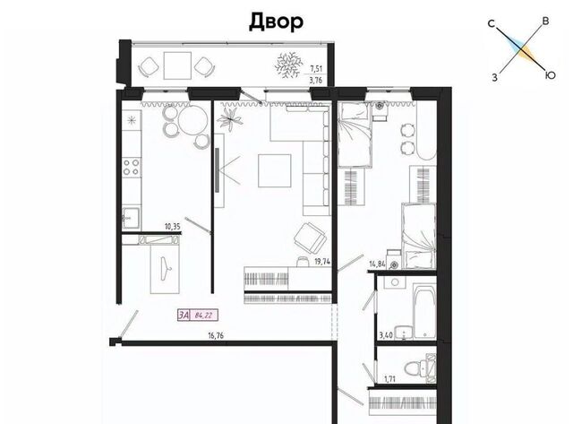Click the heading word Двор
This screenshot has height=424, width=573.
tap(276, 22)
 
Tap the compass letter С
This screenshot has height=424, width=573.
tap(492, 24)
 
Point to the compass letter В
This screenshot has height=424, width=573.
tap(545, 22)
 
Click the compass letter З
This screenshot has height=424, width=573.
tap(494, 78)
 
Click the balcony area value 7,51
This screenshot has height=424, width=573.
tap(316, 68)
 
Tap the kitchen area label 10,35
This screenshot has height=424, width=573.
tap(173, 227)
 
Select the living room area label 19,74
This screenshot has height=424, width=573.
tap(322, 262)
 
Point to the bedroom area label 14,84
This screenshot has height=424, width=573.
tap(377, 264)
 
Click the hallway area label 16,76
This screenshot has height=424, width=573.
tap(216, 335)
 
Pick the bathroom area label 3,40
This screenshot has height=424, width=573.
tap(386, 335)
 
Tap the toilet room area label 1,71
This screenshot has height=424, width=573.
tap(389, 379)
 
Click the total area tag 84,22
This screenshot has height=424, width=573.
tap(204, 316)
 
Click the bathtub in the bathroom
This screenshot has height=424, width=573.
tap(424, 311)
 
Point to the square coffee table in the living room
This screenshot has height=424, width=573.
tap(275, 171)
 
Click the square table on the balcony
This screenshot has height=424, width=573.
tap(177, 65)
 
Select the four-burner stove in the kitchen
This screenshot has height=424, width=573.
tap(132, 168)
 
